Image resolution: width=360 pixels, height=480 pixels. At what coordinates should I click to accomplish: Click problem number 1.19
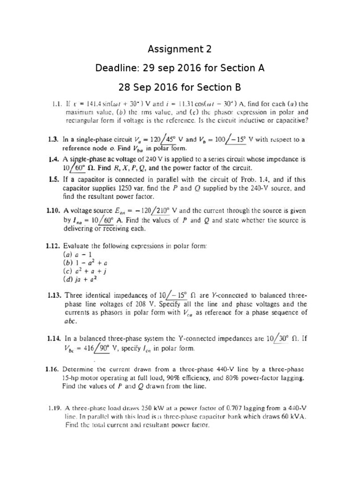tap(56, 408)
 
